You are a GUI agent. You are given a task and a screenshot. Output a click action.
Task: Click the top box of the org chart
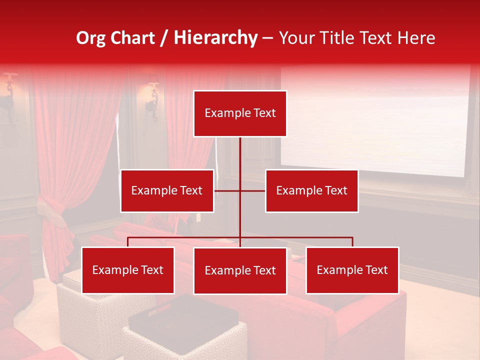point(240,113)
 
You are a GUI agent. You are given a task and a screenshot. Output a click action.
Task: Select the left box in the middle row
point(167,190)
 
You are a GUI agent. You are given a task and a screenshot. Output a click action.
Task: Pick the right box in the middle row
point(311,190)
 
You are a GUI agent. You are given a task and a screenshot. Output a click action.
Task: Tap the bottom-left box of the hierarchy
point(128,270)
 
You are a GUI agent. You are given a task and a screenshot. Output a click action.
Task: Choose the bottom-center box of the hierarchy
point(240,270)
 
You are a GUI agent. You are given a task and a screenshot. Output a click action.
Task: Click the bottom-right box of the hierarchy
point(352,270)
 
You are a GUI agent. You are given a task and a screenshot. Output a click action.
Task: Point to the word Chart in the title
point(132,38)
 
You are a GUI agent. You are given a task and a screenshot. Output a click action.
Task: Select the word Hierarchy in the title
point(215,38)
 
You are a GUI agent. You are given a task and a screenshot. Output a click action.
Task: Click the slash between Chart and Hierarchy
point(164,38)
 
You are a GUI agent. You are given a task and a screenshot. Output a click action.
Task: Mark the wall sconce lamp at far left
point(8,92)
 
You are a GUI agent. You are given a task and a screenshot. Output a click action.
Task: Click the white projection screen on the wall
point(375,120)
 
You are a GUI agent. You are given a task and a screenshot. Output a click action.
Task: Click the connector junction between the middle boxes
point(240,190)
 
